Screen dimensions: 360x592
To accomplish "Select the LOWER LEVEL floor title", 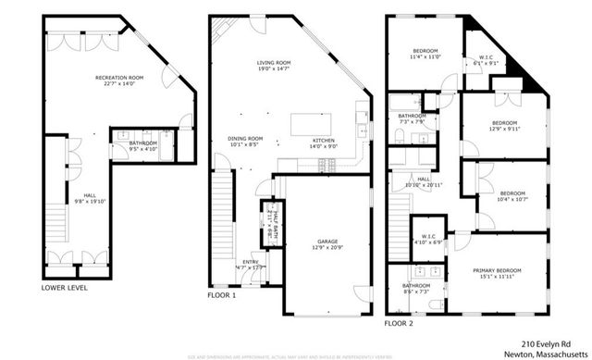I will (65, 288).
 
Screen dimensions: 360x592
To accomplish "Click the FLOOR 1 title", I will (221, 296).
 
